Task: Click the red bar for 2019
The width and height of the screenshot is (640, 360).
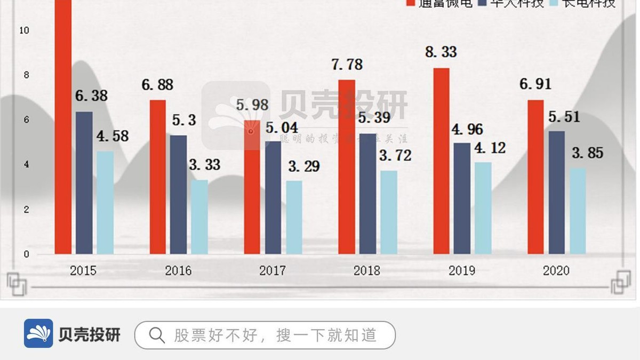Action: (441, 161)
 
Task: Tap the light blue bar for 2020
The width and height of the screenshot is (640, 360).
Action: (578, 211)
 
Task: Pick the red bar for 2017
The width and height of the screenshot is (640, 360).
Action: (252, 187)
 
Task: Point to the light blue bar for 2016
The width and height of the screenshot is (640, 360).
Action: (199, 217)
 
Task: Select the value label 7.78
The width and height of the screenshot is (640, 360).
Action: (346, 65)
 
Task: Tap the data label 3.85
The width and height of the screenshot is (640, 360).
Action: (587, 154)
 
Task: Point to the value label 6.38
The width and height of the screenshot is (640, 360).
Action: (91, 97)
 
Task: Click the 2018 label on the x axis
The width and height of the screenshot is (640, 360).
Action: (367, 271)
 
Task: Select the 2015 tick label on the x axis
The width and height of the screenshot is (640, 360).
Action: (83, 271)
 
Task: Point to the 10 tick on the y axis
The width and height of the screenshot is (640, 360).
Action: (24, 30)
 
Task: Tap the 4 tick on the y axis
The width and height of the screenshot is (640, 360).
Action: (26, 165)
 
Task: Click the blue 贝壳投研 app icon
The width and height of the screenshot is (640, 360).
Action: (38, 334)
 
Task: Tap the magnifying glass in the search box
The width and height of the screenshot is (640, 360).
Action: (157, 335)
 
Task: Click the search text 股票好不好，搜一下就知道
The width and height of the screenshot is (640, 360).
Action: (275, 335)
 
